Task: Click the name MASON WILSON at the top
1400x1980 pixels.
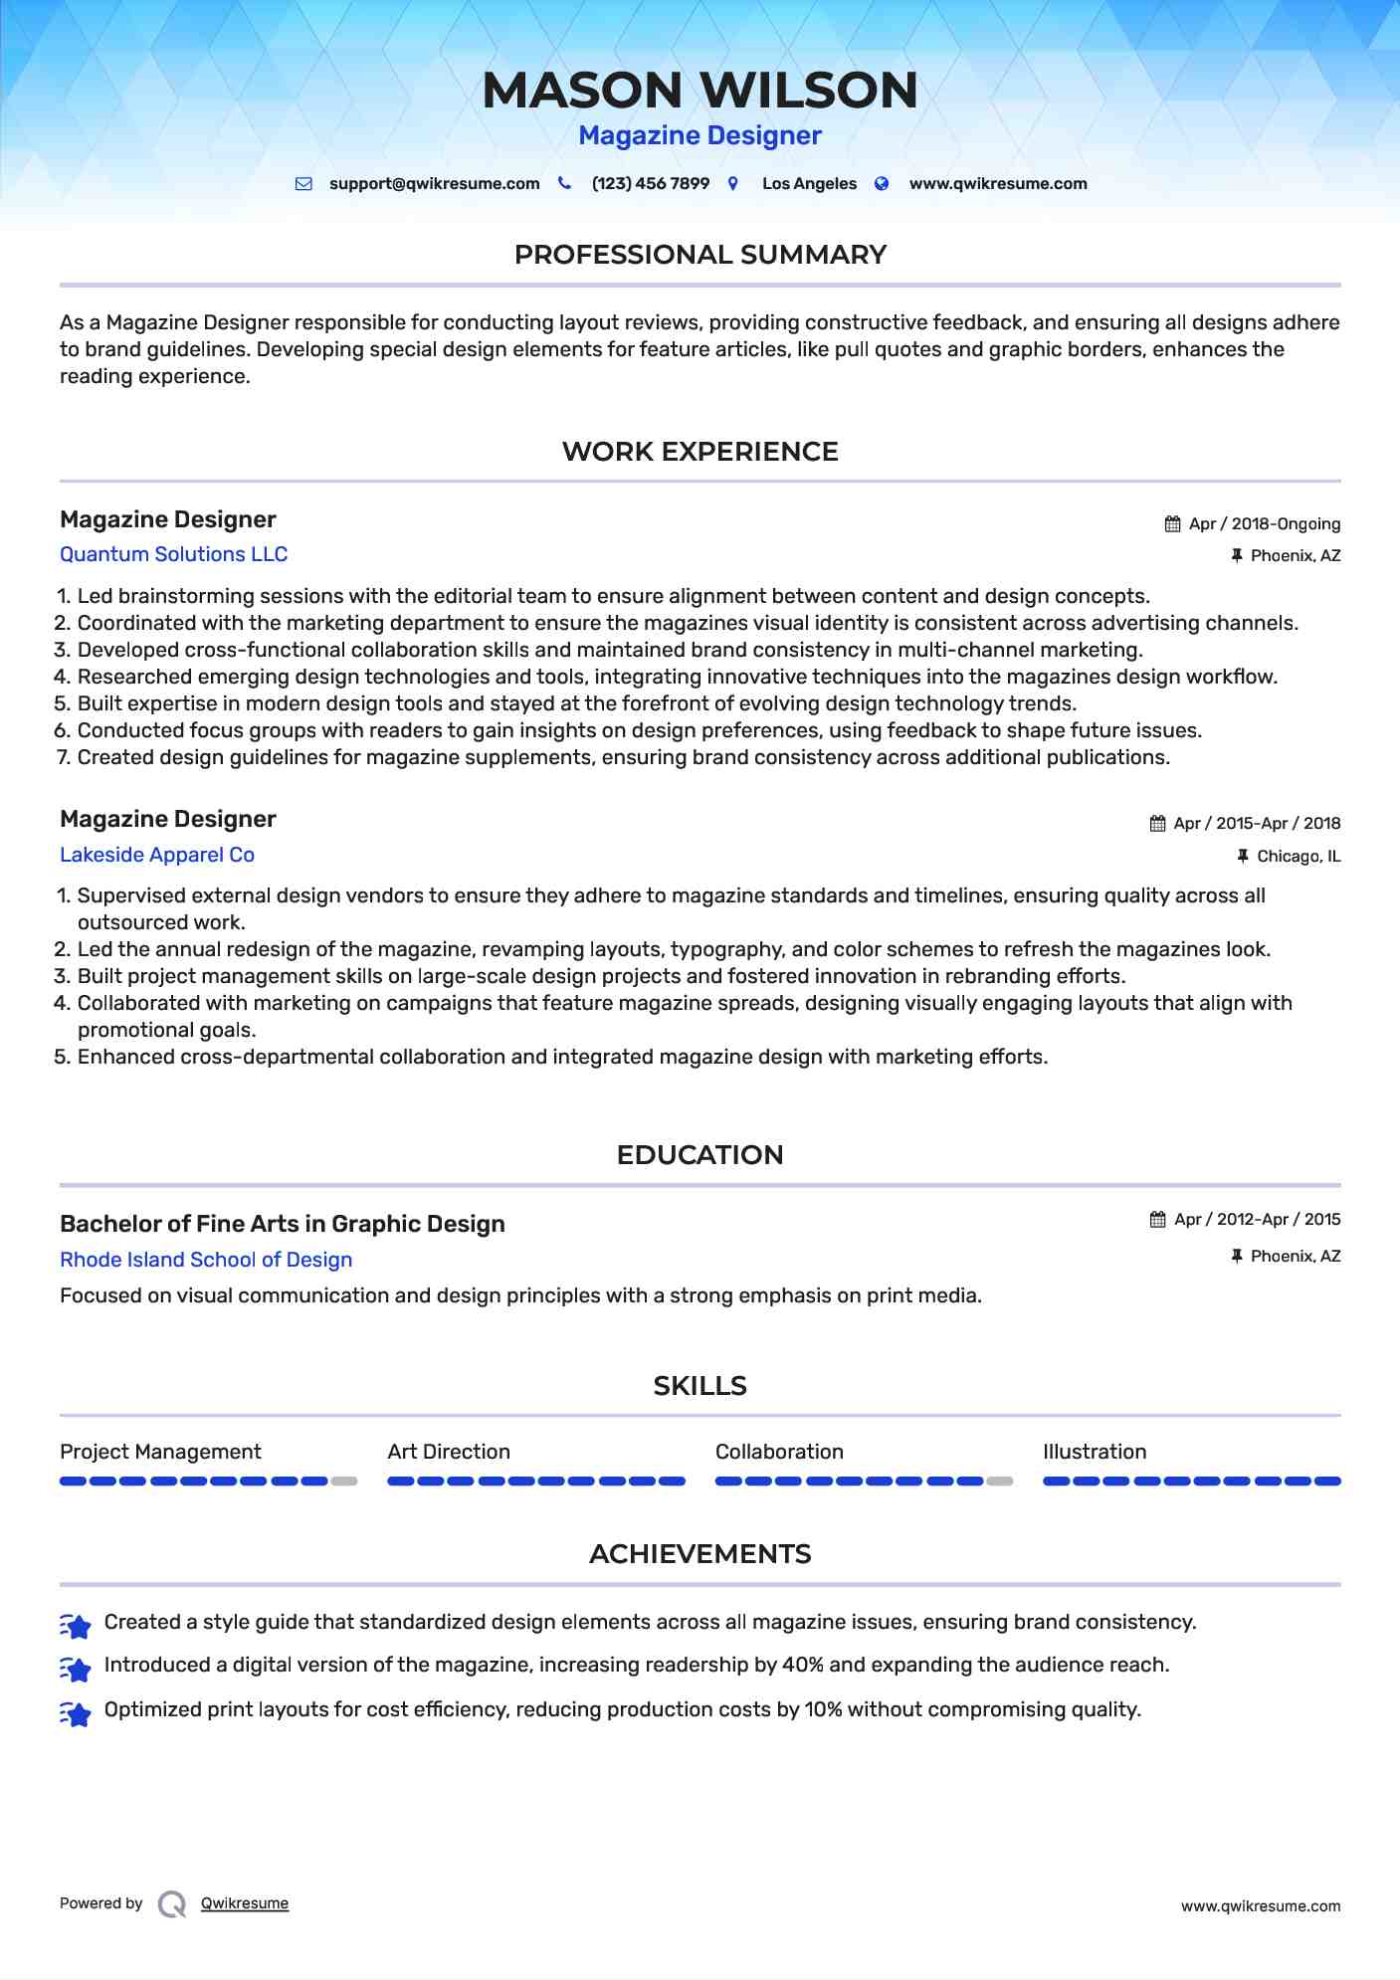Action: [700, 90]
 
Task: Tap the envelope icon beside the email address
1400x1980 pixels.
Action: [303, 184]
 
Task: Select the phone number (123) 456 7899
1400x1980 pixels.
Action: [650, 184]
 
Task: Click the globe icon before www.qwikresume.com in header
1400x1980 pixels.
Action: [882, 184]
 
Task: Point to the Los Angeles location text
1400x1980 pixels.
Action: [809, 184]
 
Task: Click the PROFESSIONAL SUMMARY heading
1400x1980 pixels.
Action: [700, 255]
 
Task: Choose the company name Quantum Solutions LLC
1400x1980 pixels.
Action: [173, 554]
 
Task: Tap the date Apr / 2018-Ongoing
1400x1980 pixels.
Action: [1264, 524]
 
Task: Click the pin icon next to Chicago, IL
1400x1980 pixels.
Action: [1242, 856]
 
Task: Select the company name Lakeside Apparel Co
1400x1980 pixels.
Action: [157, 855]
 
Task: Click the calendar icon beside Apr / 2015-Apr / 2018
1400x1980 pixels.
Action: [1157, 824]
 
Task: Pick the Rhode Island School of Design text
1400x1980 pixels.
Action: [206, 1260]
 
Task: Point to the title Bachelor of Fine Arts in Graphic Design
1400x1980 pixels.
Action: [283, 1224]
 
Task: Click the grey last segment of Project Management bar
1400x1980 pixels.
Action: [344, 1482]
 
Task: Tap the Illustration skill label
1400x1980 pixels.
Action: [1095, 1452]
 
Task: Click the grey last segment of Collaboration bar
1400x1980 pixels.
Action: [1000, 1482]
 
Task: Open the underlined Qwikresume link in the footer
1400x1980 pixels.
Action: [245, 1903]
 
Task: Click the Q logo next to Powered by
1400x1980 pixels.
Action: [172, 1904]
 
